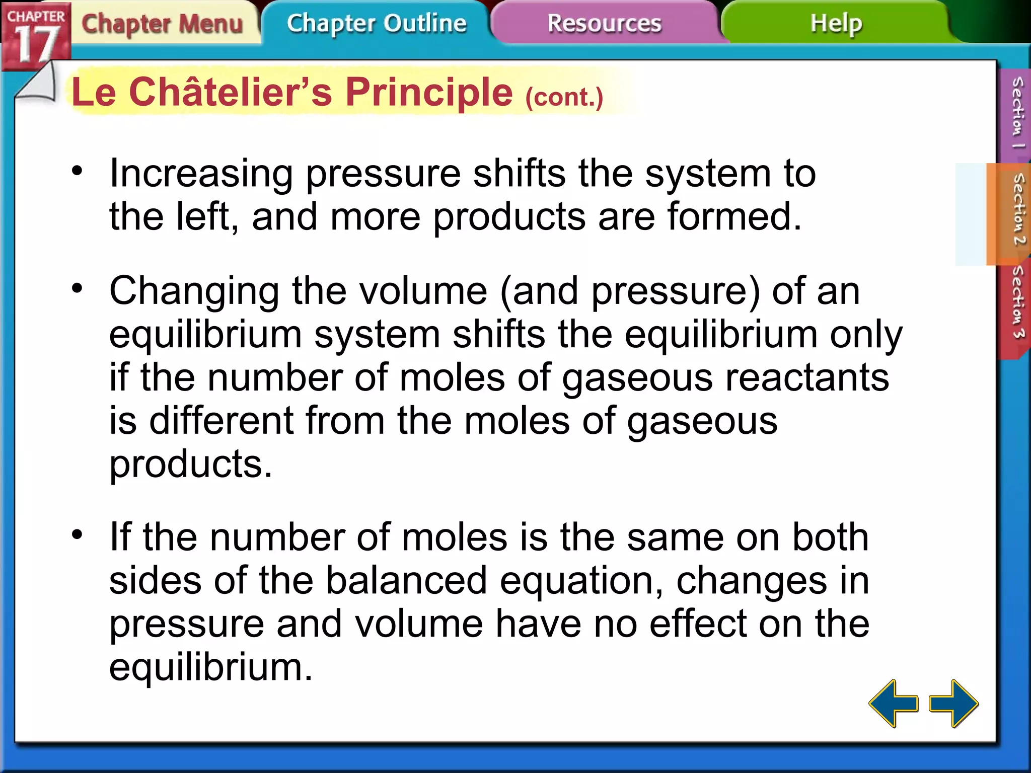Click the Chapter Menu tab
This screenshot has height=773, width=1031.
tap(162, 24)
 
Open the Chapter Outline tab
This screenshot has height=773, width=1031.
tap(377, 24)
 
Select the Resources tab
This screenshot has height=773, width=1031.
tap(604, 24)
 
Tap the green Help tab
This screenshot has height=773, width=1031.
tap(836, 24)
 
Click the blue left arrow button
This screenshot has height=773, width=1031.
tap(893, 703)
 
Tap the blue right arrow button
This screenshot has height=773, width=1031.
tap(953, 703)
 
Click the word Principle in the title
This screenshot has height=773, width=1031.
tap(429, 93)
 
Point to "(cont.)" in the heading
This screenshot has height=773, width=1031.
tap(564, 97)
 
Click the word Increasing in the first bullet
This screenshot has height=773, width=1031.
tap(201, 174)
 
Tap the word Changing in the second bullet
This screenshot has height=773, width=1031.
tap(194, 292)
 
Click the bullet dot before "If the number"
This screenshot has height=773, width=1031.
tap(77, 534)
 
